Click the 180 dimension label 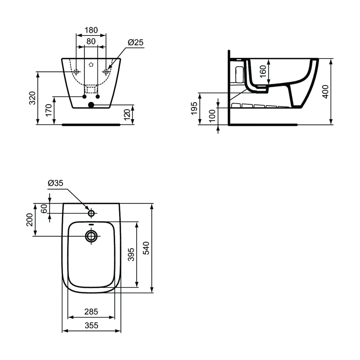(x=91, y=30)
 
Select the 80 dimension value (x=91, y=41)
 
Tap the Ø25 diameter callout (x=136, y=43)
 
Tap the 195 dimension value (x=194, y=108)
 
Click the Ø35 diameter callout (x=55, y=183)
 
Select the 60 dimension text (x=44, y=208)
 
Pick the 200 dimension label (x=29, y=220)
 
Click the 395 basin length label (x=131, y=254)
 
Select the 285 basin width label (x=91, y=312)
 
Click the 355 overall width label (x=91, y=325)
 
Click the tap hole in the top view (x=91, y=213)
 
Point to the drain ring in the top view (x=91, y=236)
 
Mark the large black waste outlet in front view (x=91, y=105)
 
